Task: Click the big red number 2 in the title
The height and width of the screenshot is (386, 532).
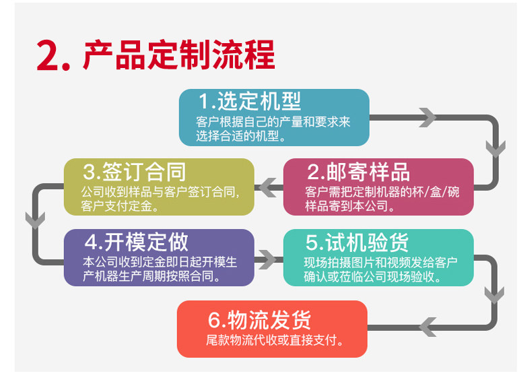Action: click(x=50, y=55)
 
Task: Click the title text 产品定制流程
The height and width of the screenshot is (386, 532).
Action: click(x=178, y=55)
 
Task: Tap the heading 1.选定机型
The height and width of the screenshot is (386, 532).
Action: click(x=250, y=102)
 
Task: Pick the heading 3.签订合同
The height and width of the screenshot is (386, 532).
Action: click(x=135, y=171)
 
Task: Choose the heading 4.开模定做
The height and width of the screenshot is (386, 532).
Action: click(x=136, y=242)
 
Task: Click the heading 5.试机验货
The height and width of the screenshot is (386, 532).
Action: click(x=357, y=243)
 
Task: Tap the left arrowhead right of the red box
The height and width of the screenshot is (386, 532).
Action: click(x=428, y=327)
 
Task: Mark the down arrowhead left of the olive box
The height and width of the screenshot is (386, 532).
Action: click(x=34, y=219)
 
